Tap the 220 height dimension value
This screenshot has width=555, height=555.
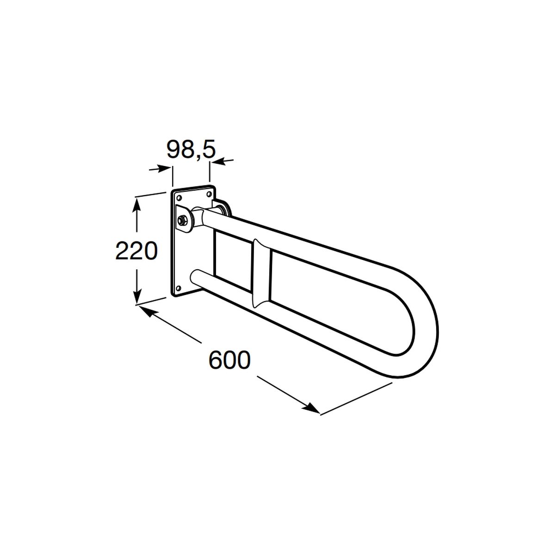click(x=136, y=251)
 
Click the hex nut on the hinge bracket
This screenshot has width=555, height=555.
click(x=182, y=221)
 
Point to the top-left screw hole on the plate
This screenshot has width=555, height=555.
click(x=179, y=198)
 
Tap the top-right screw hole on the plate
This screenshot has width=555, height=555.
click(x=209, y=195)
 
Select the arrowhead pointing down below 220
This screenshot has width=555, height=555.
click(x=136, y=293)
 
